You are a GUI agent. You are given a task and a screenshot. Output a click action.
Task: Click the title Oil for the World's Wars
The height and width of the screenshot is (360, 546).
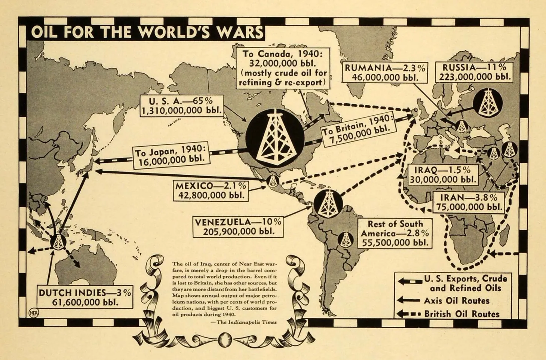click(x=147, y=32)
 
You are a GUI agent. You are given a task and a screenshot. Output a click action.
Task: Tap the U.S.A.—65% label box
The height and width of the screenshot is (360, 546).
click(x=181, y=106)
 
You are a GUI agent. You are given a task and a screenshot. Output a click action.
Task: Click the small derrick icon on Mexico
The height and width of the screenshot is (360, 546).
click(x=273, y=181)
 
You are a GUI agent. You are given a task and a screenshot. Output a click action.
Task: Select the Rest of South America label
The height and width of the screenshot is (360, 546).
click(x=395, y=234)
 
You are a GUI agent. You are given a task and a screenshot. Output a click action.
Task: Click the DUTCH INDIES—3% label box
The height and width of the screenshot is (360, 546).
click(x=85, y=297)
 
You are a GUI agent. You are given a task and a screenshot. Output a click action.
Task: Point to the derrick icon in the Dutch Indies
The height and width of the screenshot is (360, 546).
click(x=58, y=242)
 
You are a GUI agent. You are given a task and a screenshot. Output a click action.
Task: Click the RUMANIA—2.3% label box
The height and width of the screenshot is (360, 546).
click(x=385, y=73)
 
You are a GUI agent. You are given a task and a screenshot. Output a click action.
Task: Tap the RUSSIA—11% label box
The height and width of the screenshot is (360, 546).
click(x=475, y=72)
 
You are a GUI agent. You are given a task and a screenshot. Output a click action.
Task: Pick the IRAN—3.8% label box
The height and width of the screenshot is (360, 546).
click(x=469, y=202)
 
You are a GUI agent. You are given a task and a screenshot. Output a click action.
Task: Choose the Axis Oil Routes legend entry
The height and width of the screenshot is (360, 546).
click(x=456, y=300)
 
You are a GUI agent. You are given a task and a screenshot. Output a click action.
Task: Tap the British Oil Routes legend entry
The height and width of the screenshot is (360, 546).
click(x=461, y=314)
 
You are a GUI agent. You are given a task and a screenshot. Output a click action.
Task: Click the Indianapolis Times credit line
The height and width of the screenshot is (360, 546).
click(x=247, y=322)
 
